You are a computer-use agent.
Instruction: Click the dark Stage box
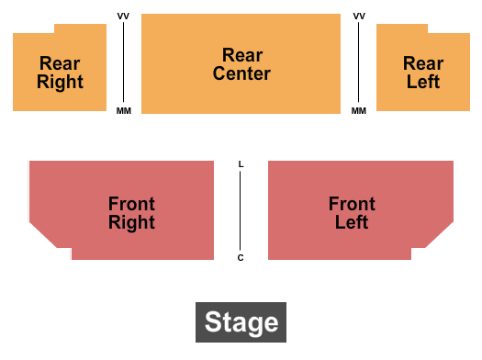241,322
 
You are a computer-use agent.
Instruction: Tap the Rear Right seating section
60,96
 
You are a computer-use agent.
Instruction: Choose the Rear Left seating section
422,96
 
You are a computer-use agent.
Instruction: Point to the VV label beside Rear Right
124,17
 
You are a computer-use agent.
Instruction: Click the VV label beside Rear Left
359,17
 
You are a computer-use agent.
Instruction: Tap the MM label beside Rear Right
124,111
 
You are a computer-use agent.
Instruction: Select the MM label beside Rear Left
359,111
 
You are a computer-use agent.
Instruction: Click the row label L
241,164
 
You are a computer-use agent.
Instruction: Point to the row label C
241,258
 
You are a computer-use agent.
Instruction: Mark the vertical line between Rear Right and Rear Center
124,63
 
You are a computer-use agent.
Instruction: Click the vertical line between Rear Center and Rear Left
359,63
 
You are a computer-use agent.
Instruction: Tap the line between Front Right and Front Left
241,211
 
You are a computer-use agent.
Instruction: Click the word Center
241,73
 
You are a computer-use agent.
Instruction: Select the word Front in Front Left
352,204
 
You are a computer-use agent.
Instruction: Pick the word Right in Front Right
131,222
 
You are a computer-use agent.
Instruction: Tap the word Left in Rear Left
423,82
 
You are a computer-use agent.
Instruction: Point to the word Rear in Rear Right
60,64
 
